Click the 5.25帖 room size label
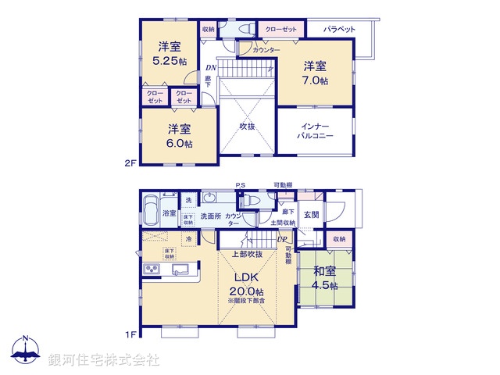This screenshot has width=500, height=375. tap(170, 60)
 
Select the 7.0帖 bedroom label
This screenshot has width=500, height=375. tap(316, 80)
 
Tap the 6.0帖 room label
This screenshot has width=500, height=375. tap(178, 143)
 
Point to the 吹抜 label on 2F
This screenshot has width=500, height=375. tap(248, 126)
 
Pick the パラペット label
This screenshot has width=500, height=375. tap(339, 29)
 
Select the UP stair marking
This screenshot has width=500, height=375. tap(281, 238)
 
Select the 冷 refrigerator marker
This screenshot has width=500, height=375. tap(189, 238)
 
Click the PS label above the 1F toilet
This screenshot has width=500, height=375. tap(242, 185)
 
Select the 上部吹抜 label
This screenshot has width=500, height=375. tap(247, 255)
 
